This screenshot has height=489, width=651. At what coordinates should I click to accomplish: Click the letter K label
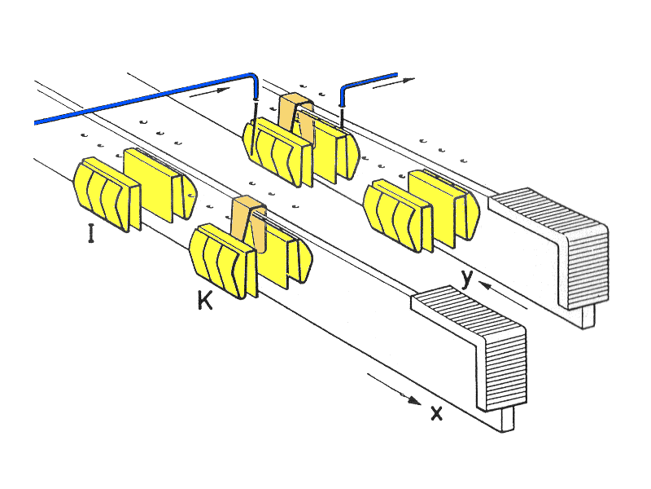point(204,301)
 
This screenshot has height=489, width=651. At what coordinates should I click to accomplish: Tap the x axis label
point(436,412)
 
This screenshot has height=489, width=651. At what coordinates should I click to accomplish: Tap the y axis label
point(466,279)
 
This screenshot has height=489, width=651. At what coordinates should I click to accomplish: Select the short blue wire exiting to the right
point(366,82)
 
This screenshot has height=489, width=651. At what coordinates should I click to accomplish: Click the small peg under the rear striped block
point(588,315)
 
